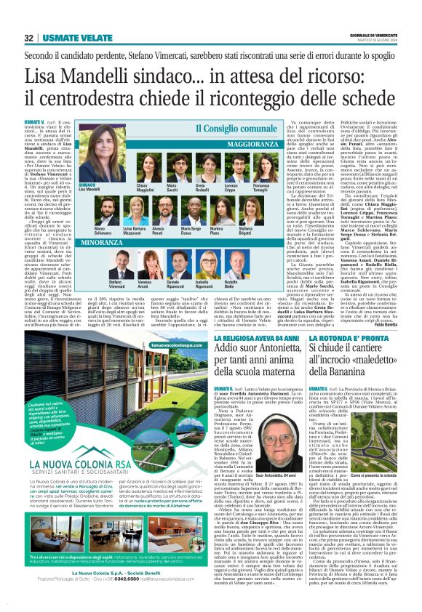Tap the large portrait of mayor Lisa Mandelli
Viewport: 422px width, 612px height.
(x=89, y=165)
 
